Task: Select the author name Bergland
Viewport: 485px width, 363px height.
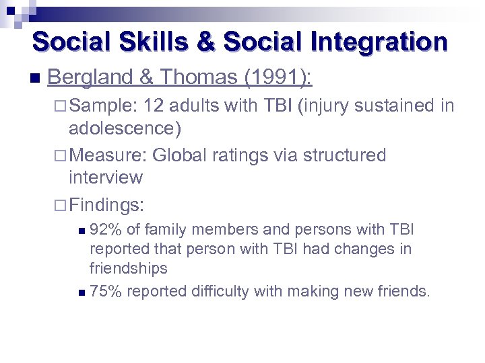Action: click(x=90, y=78)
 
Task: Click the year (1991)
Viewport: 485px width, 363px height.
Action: click(x=277, y=78)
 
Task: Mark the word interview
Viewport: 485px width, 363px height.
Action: click(x=106, y=177)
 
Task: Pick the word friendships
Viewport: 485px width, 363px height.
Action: click(x=128, y=269)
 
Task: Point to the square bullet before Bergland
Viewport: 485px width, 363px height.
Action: click(x=35, y=79)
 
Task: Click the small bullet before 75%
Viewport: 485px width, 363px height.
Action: click(x=82, y=292)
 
